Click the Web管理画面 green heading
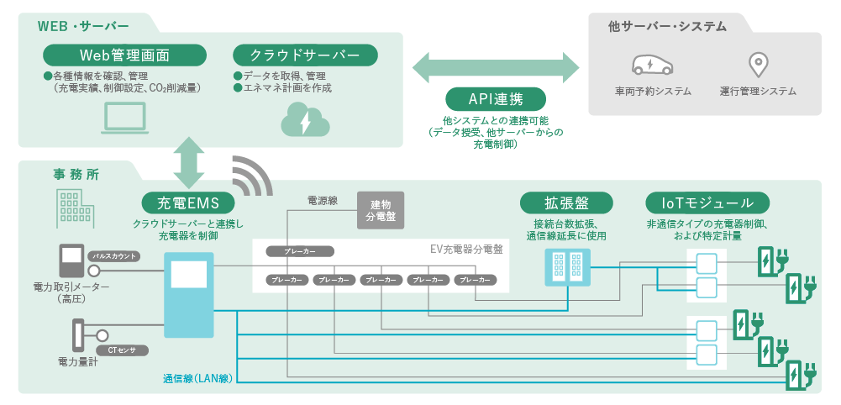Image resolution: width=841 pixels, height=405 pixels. pyautogui.click(x=124, y=55)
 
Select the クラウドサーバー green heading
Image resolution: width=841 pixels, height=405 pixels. pyautogui.click(x=304, y=55)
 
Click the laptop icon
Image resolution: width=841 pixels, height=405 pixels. pyautogui.click(x=124, y=118)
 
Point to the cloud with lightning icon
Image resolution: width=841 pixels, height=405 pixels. pyautogui.click(x=303, y=119)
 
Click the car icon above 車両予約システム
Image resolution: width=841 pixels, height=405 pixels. pyautogui.click(x=653, y=65)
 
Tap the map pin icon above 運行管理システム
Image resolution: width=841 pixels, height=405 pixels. pyautogui.click(x=758, y=65)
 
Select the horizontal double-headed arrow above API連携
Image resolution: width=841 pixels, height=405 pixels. pyautogui.click(x=496, y=66)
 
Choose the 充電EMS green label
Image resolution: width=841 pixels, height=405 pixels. pyautogui.click(x=187, y=202)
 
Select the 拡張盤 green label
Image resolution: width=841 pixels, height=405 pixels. pyautogui.click(x=566, y=202)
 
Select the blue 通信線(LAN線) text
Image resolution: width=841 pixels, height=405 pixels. pyautogui.click(x=197, y=378)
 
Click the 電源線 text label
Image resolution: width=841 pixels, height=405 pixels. pyautogui.click(x=322, y=202)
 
